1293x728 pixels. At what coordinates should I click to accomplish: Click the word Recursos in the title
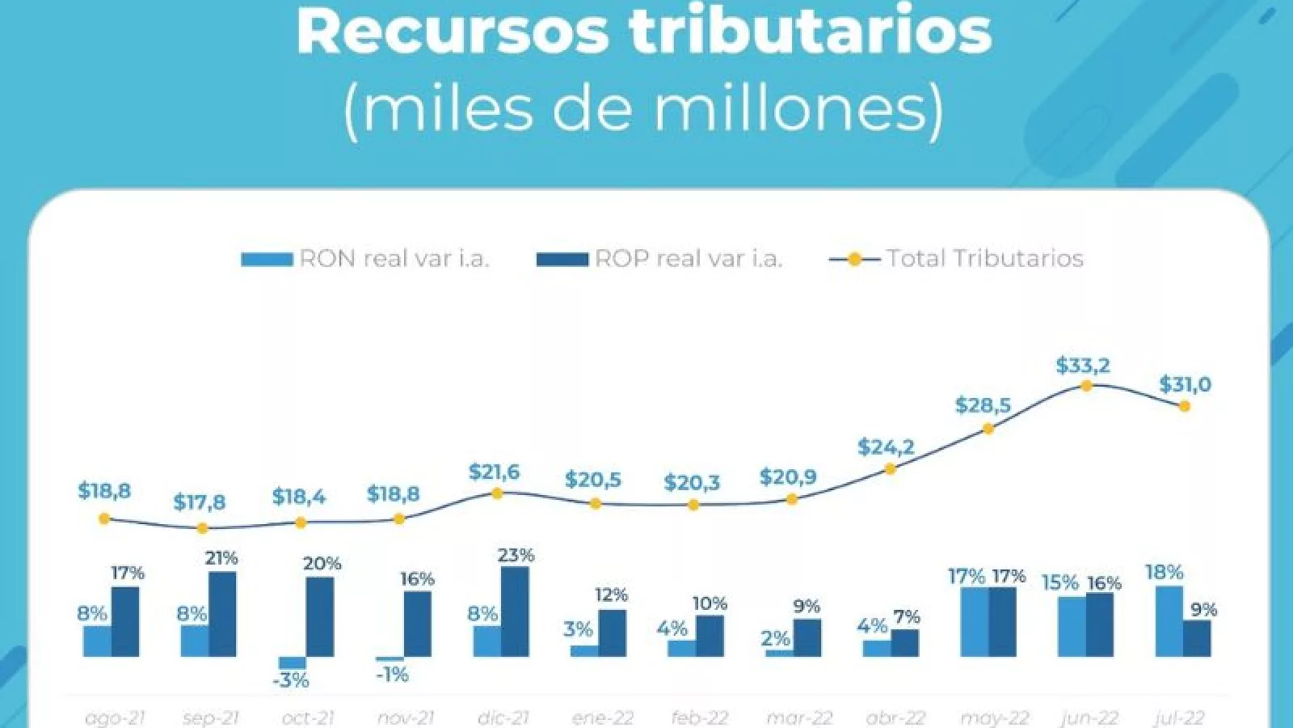click(x=452, y=31)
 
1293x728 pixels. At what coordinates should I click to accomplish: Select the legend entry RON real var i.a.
click(x=365, y=259)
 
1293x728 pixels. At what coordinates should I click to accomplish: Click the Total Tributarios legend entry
click(x=957, y=259)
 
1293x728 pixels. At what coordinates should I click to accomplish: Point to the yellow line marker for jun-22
click(x=1086, y=386)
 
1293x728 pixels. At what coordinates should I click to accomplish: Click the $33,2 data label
click(x=1083, y=366)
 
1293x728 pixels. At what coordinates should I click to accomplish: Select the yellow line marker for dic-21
click(x=497, y=493)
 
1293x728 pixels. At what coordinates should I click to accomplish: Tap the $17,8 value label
click(x=200, y=502)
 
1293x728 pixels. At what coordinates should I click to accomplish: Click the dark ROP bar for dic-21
click(x=515, y=611)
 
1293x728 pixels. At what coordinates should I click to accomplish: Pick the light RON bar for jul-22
click(x=1169, y=620)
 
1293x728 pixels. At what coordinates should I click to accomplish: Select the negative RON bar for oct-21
click(x=293, y=662)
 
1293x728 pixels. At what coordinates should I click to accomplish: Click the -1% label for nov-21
click(x=392, y=675)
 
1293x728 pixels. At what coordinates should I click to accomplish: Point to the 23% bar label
click(x=516, y=555)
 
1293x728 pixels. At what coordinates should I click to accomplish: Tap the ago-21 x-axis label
click(x=115, y=717)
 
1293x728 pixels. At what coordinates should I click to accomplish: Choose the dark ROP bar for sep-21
click(x=222, y=614)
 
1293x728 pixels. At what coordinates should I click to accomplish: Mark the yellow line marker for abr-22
click(x=890, y=468)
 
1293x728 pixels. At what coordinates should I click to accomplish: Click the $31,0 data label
click(x=1185, y=385)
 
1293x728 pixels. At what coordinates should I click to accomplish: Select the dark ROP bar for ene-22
click(x=612, y=633)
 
